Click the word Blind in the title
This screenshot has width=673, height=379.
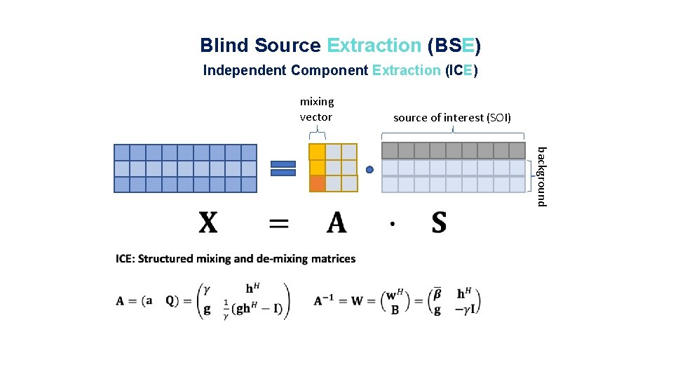[224, 46]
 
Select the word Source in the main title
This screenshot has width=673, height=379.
[287, 46]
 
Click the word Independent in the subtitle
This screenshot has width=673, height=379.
[245, 70]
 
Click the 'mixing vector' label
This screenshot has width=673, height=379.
[317, 109]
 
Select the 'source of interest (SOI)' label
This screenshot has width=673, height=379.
[452, 118]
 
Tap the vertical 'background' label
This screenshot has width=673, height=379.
[541, 175]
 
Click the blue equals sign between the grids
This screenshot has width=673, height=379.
[283, 168]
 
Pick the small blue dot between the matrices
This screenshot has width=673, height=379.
[369, 169]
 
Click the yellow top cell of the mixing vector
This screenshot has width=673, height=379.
[317, 152]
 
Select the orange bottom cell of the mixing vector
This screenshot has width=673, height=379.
[317, 184]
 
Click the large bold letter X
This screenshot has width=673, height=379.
[208, 223]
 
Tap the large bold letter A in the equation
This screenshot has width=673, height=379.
[336, 223]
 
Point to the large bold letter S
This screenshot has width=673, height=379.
[439, 223]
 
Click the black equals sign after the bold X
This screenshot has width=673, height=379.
[279, 223]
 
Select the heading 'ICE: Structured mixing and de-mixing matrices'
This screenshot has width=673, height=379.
[236, 259]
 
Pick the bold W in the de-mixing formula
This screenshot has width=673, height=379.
[356, 300]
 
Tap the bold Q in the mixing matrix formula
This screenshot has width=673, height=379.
[170, 300]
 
